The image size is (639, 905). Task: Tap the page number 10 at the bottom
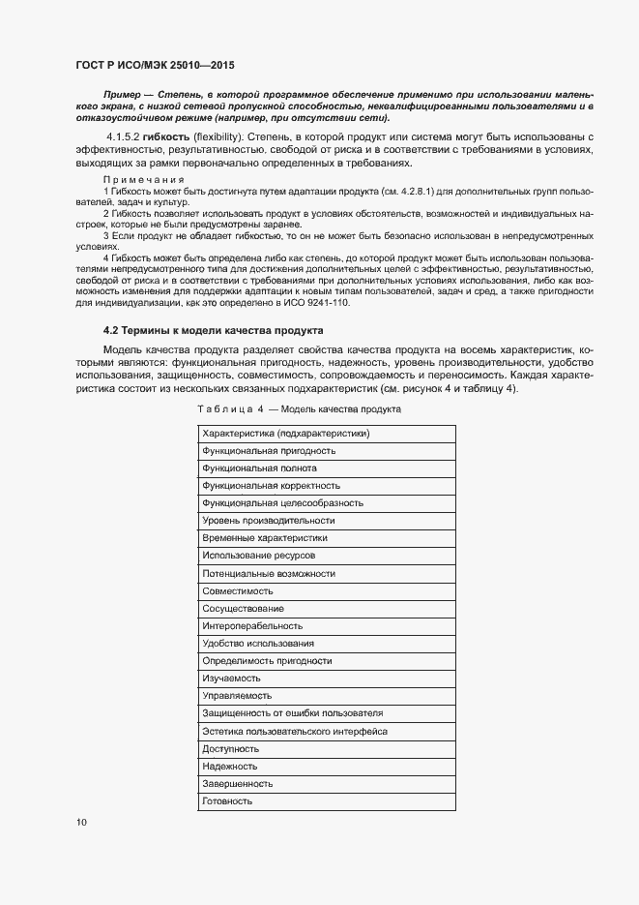(81, 823)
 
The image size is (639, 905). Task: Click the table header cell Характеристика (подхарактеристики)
(286, 433)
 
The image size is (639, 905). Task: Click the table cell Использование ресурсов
(258, 556)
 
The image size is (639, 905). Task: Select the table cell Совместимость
(238, 590)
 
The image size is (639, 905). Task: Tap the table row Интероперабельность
(252, 625)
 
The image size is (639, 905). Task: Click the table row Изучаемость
(232, 679)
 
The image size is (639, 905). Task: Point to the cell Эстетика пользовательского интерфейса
(295, 731)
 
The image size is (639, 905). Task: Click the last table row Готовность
(228, 800)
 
